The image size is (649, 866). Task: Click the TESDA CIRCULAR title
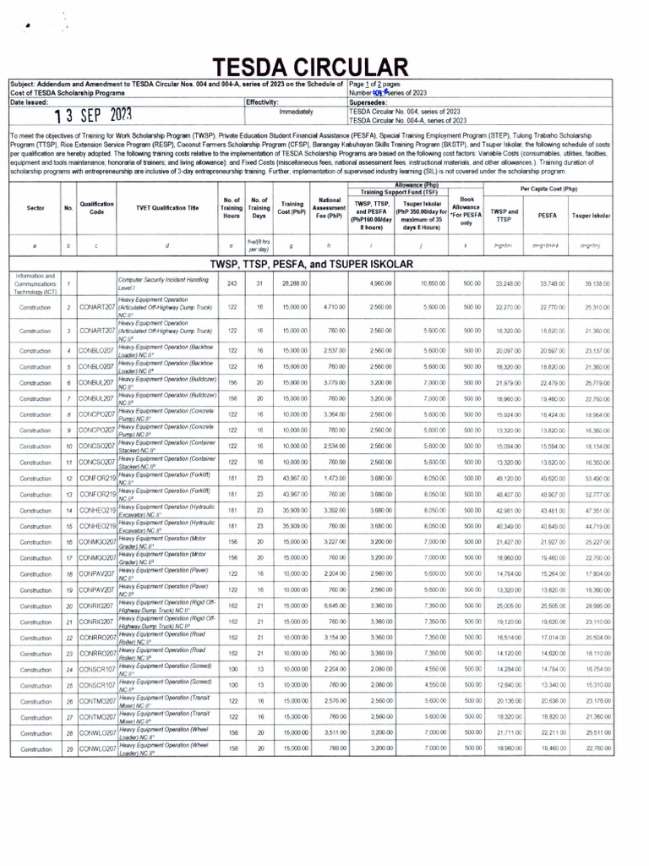(x=309, y=68)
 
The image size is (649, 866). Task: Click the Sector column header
(x=35, y=206)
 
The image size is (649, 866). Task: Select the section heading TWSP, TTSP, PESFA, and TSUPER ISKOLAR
(x=324, y=263)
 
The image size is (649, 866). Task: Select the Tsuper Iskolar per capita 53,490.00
(x=596, y=479)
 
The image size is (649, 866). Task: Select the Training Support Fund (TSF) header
(x=395, y=192)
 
